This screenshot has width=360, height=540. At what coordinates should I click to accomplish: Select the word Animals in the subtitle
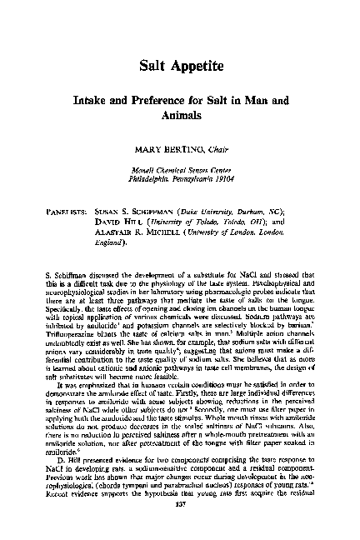coord(181,116)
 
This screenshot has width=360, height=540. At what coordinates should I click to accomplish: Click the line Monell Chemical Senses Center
coord(180,168)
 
